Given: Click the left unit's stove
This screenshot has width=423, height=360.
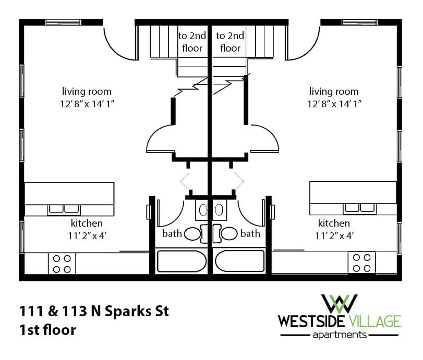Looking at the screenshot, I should click(62, 263).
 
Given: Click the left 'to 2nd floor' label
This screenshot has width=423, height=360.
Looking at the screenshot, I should click(192, 42).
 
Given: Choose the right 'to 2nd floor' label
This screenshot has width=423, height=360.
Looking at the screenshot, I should click(229, 42).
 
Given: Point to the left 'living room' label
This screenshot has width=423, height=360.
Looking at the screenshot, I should click(86, 92).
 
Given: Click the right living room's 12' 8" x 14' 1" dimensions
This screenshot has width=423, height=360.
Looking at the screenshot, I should click(334, 104).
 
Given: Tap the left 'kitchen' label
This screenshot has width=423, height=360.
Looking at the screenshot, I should click(86, 223).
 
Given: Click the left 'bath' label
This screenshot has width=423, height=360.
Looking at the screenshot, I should click(172, 233).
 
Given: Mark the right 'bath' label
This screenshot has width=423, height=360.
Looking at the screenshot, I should click(250, 233).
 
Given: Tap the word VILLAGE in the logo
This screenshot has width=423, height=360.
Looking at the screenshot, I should click(373, 319).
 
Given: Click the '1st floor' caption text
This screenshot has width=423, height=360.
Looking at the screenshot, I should click(47, 330).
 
